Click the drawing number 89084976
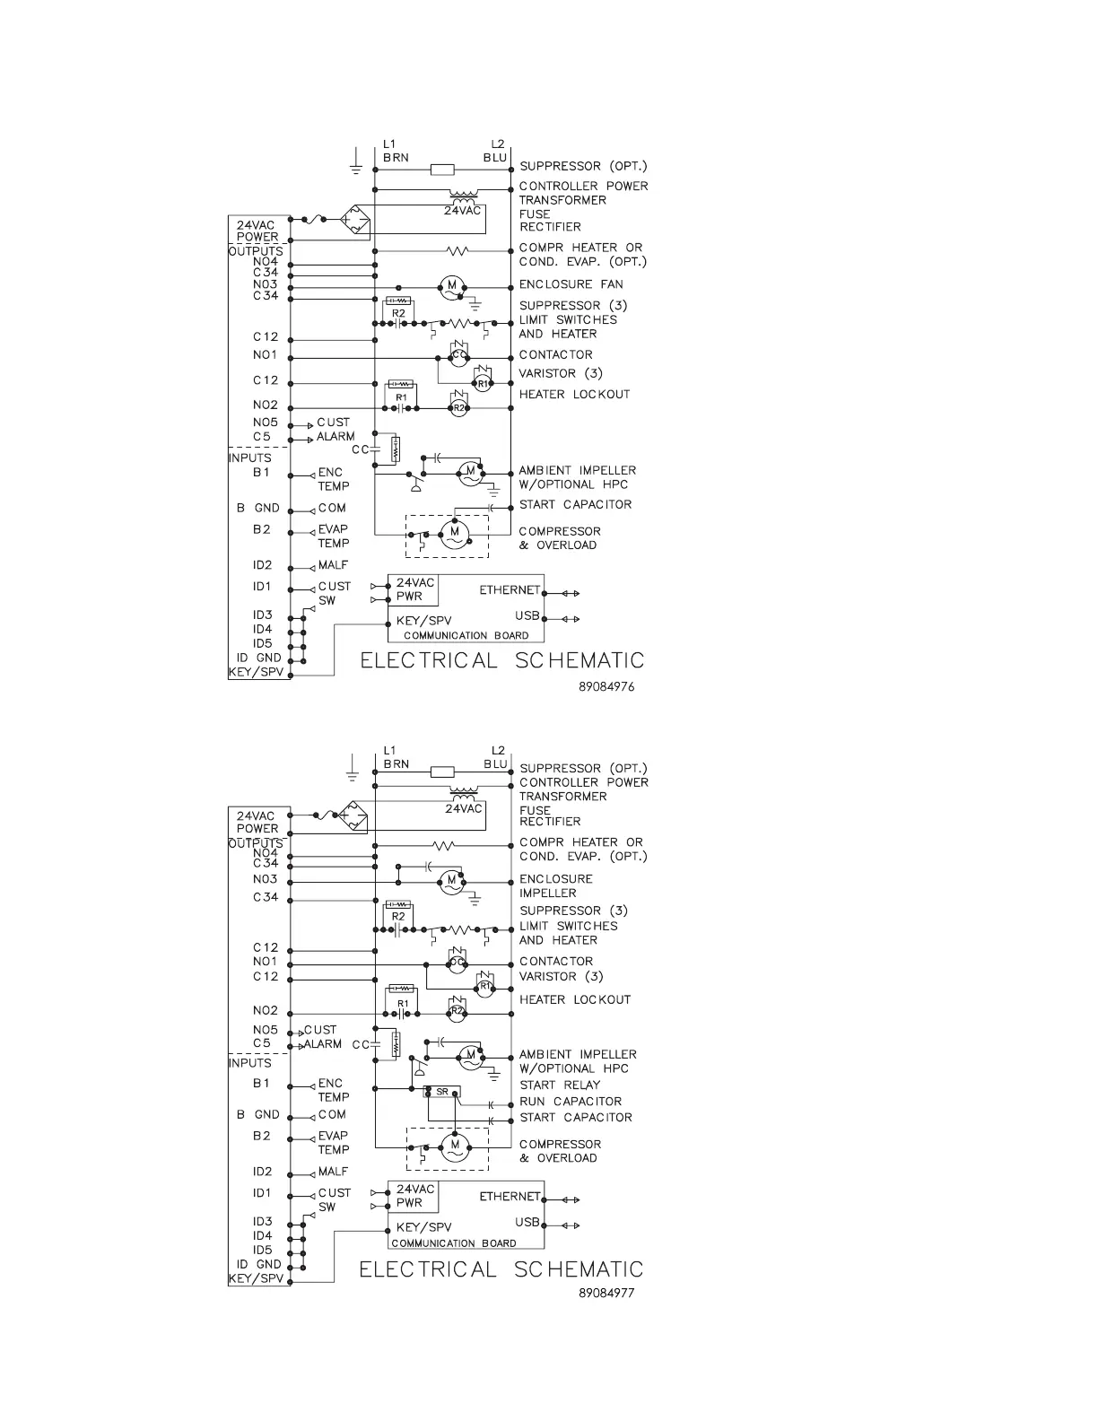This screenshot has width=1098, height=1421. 606,686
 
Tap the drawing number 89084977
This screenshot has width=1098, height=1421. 606,1293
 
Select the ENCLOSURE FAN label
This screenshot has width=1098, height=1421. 571,284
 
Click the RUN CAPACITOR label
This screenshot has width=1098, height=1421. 571,1102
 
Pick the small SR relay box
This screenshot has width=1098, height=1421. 442,1092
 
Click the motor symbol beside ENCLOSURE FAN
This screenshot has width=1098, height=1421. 452,287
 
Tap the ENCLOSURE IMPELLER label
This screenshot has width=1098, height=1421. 556,885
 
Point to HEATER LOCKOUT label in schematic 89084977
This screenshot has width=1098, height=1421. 575,999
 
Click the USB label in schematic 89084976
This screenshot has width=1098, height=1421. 527,615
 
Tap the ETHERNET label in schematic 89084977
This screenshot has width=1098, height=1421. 510,1196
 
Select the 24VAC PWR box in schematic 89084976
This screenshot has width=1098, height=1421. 414,589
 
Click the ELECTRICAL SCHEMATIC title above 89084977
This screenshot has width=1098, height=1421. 501,1269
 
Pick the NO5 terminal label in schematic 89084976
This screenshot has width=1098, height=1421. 266,422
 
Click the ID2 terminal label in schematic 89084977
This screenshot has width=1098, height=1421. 262,1172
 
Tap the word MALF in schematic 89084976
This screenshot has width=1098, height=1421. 333,565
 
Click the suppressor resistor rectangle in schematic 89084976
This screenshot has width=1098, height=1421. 442,169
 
